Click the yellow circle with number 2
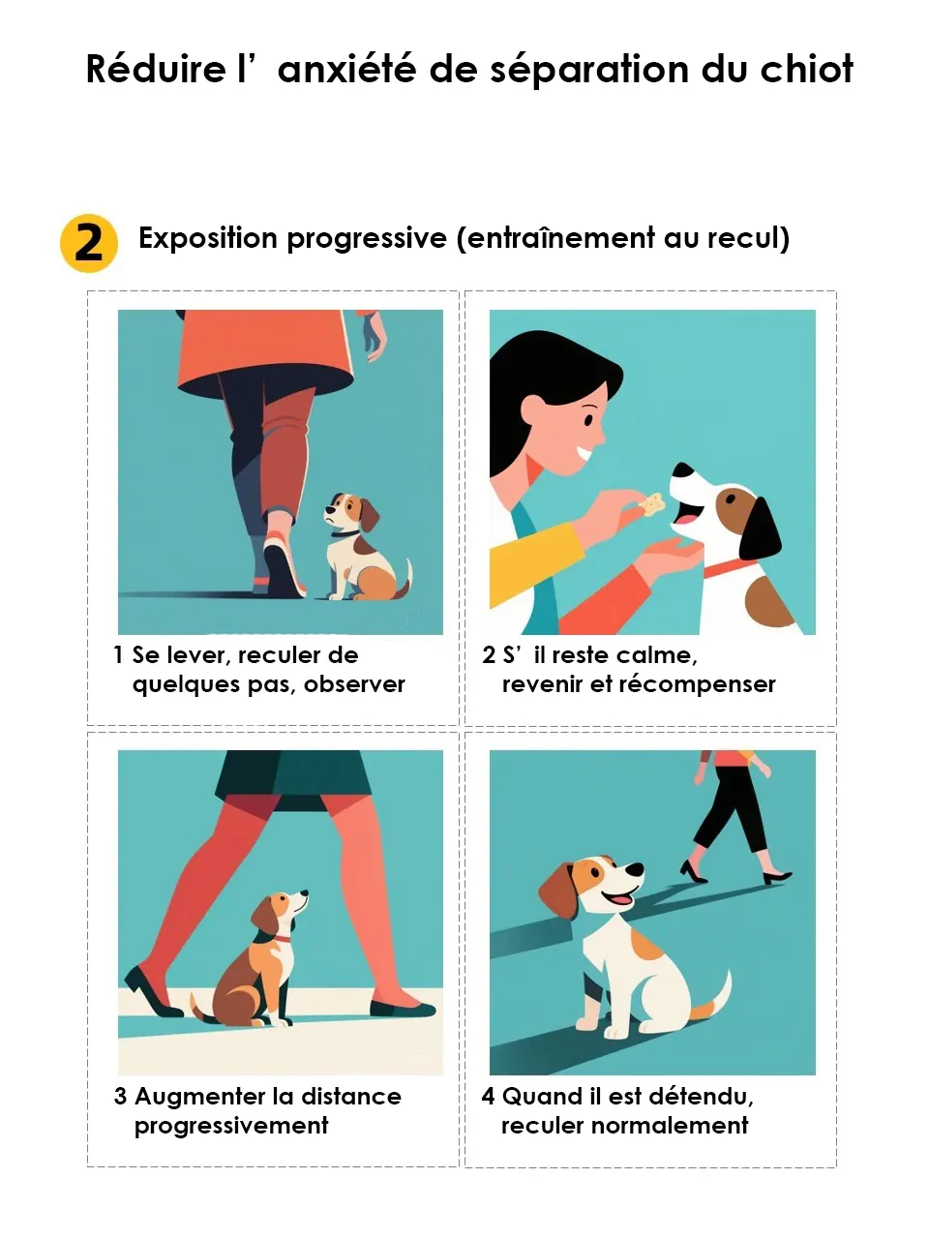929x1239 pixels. point(88,243)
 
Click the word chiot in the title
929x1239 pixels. point(806,70)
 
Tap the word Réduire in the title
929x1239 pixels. point(155,70)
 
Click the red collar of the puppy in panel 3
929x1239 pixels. point(281,938)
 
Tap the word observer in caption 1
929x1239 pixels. point(354,684)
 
